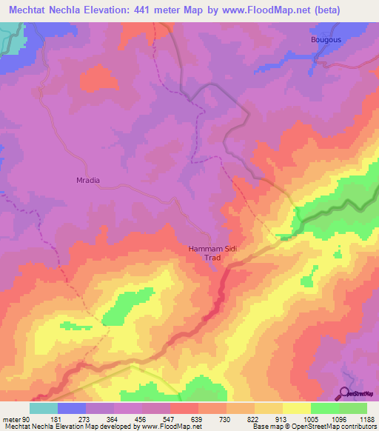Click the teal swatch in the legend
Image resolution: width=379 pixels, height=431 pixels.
tap(43, 408)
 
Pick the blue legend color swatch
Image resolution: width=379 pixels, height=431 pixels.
tap(71, 408)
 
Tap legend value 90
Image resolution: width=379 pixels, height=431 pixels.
tap(26, 420)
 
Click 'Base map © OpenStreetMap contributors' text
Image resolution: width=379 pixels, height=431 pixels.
tap(314, 427)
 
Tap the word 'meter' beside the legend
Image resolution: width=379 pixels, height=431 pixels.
tap(11, 420)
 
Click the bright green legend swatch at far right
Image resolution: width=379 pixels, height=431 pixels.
tap(352, 408)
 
